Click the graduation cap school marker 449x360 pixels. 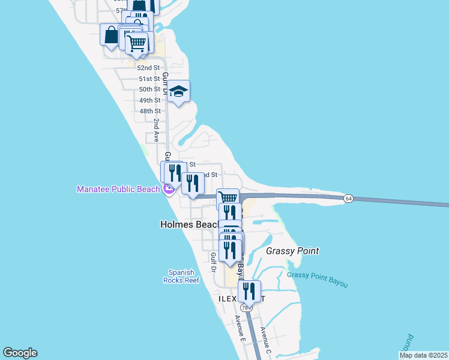pyautogui.click(x=178, y=92)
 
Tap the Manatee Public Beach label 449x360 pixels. pyautogui.click(x=118, y=190)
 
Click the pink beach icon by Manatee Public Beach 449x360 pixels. pyautogui.click(x=169, y=190)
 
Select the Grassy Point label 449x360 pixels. pyautogui.click(x=292, y=251)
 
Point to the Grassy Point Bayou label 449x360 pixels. pyautogui.click(x=317, y=279)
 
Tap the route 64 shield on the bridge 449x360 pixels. pyautogui.click(x=348, y=199)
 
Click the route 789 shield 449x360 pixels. pyautogui.click(x=249, y=307)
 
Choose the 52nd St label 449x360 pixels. pyautogui.click(x=149, y=68)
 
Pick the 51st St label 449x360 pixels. pyautogui.click(x=149, y=79)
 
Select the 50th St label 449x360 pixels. pyautogui.click(x=149, y=89)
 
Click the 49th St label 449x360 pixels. pyautogui.click(x=149, y=100)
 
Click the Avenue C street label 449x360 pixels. pyautogui.click(x=265, y=339)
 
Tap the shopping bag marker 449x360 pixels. pyautogui.click(x=111, y=35)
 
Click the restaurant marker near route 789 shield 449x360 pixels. pyautogui.click(x=249, y=292)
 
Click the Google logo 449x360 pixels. pyautogui.click(x=20, y=353)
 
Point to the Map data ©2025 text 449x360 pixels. pyautogui.click(x=423, y=355)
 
